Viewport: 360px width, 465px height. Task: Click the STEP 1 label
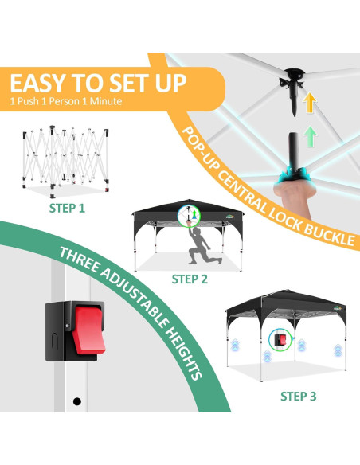point(67,208)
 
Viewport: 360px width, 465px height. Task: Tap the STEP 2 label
point(190,279)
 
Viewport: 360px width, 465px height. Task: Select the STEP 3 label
point(299,397)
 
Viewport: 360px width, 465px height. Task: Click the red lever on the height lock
point(88,330)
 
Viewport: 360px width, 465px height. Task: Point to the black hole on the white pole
point(77,401)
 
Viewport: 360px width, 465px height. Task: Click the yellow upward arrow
point(310,102)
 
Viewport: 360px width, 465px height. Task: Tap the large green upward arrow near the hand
point(311,136)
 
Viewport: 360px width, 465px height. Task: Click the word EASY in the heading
point(37,84)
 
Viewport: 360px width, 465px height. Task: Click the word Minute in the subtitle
point(106,101)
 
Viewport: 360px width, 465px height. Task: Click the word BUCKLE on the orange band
point(331,235)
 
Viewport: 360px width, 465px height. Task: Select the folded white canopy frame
point(65,162)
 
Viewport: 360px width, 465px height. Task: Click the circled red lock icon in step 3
point(280,340)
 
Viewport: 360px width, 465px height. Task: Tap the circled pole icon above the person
point(189,217)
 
